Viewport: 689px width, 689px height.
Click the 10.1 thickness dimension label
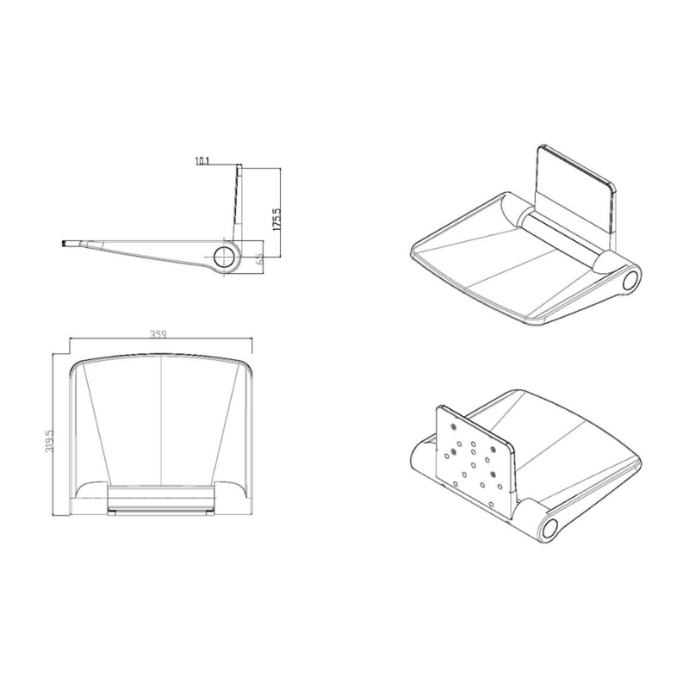point(203,160)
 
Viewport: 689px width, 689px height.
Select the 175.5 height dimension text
point(276,220)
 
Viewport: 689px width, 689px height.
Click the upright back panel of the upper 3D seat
point(574,192)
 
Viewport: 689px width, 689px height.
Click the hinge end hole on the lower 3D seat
point(549,525)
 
